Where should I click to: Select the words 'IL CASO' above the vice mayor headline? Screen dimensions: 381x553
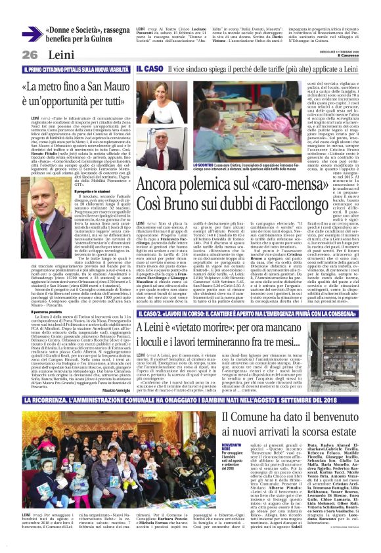(x=148, y=68)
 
